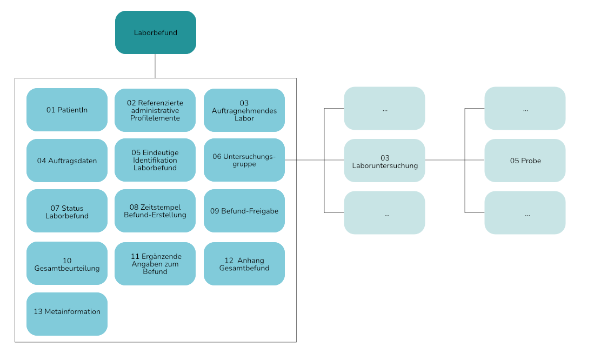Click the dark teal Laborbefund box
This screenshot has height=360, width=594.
(155, 32)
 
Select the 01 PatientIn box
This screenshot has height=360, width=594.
(67, 110)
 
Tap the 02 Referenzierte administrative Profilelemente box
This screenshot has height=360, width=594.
(155, 110)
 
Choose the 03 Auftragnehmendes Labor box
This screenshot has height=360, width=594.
(244, 110)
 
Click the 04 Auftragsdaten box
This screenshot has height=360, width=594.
(67, 161)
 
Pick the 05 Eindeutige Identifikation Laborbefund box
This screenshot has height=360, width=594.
(155, 160)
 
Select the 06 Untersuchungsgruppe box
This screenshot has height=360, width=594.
(244, 160)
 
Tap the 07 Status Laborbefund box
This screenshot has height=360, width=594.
(67, 211)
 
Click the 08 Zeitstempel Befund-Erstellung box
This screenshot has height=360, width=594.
(155, 211)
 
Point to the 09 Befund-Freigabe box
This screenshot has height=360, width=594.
(244, 211)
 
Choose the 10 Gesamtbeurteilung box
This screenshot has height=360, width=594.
(67, 264)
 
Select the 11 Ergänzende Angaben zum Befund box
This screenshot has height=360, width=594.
(155, 264)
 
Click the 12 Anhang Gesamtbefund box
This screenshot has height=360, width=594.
(244, 264)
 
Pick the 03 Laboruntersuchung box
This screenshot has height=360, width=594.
(384, 161)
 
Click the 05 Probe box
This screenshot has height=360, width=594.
(525, 161)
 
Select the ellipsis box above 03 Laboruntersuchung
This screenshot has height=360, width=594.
(384, 109)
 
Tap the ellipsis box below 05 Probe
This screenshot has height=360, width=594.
(525, 213)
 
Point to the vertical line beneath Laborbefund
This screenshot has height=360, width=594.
(155, 66)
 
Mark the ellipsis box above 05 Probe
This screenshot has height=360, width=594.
(525, 109)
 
